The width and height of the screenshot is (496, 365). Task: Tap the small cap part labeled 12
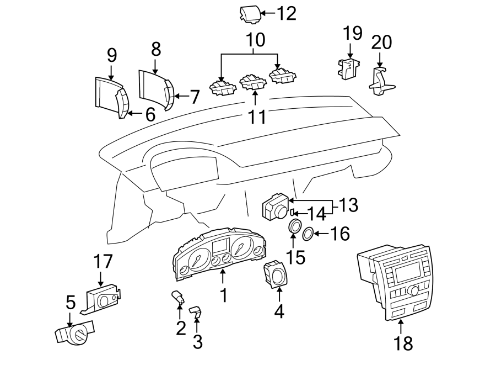tap(249, 14)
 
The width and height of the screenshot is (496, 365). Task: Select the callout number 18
tap(403, 343)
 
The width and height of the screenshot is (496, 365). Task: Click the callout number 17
tap(103, 261)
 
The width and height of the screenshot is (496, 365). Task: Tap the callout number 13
tap(349, 206)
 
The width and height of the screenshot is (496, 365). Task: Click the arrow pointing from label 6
tap(134, 114)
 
